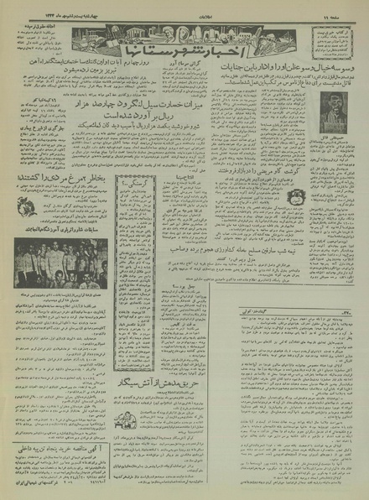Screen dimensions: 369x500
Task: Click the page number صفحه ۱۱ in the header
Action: tap(347, 6)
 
